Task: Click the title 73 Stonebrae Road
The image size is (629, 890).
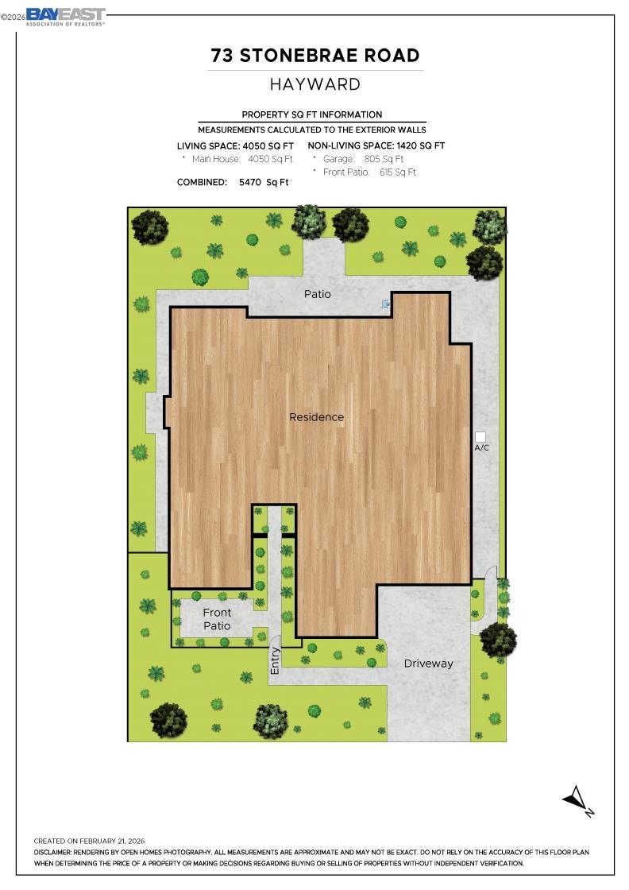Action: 315,56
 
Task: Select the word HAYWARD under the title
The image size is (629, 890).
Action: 315,84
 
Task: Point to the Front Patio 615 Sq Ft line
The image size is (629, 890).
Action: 369,172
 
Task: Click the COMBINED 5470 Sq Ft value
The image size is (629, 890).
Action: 264,182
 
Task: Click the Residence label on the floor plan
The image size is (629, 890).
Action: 316,417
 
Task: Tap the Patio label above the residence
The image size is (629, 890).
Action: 317,294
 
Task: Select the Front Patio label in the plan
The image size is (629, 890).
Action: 217,619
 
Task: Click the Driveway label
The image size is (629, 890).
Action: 428,664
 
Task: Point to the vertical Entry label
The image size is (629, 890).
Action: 276,661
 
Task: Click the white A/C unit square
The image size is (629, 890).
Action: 480,437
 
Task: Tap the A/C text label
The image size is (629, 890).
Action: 482,448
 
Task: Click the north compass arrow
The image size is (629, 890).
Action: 577,799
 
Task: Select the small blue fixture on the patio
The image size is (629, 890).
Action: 386,304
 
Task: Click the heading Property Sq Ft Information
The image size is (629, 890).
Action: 312,114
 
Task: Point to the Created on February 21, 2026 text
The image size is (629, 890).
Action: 89,841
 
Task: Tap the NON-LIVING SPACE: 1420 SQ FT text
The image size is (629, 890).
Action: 376,146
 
